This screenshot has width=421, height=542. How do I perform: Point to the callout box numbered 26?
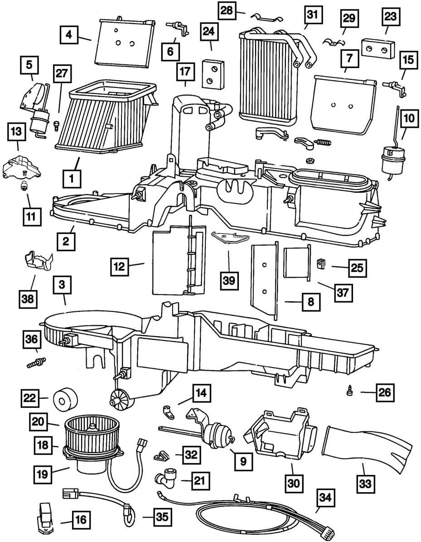(x=383, y=391)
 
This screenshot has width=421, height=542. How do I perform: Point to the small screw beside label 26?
(x=351, y=390)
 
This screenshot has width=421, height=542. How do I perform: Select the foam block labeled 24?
(x=211, y=73)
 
